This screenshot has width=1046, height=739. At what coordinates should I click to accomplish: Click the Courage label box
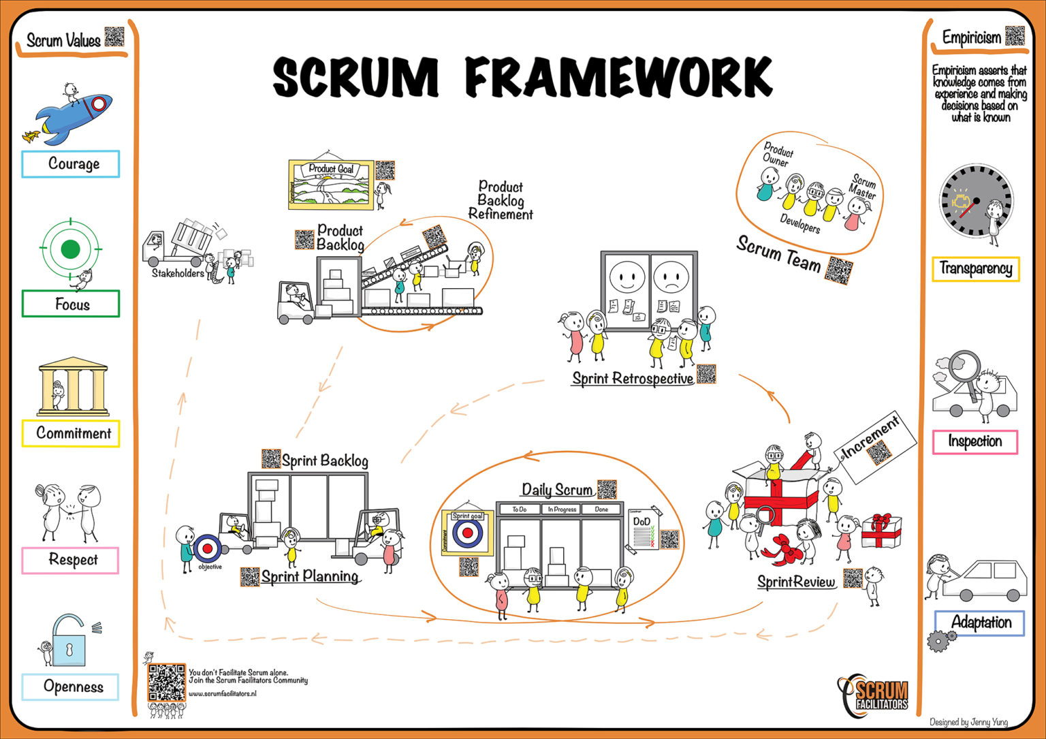click(71, 164)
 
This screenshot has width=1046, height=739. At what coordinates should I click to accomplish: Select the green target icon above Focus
click(70, 249)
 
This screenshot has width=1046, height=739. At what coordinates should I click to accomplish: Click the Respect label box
click(71, 560)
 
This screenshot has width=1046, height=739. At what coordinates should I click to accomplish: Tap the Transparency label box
click(975, 268)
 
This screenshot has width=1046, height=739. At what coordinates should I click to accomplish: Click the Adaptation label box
click(979, 623)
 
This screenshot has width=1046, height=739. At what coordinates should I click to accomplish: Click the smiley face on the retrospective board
click(626, 277)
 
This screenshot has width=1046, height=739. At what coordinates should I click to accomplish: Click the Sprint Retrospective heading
click(632, 379)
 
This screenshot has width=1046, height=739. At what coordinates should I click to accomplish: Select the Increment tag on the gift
click(874, 446)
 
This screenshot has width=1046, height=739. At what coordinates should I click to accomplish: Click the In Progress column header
click(561, 509)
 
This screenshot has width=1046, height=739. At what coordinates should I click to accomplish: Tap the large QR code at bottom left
click(166, 683)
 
